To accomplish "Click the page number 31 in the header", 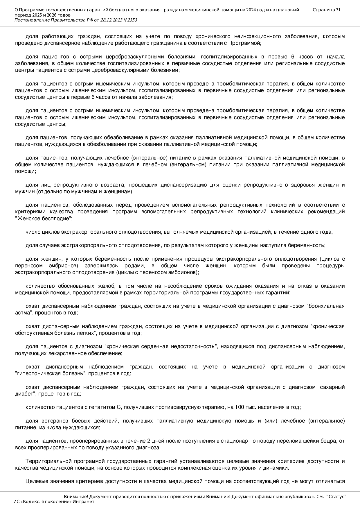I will pyautogui.click(x=338, y=10).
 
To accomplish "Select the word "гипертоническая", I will pyautogui.click(x=34, y=373).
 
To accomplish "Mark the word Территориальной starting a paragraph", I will pyautogui.click(x=44, y=461).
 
